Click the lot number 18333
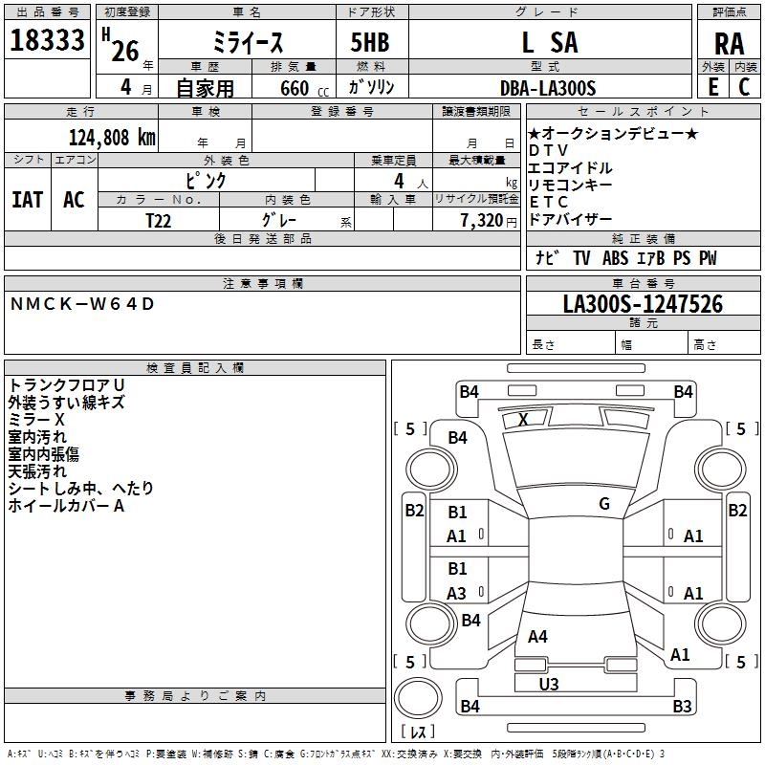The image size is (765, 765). pos(48,42)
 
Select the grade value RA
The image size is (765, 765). pos(729,44)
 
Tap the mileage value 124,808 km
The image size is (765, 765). pos(112,137)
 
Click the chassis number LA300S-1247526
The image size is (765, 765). pos(643,305)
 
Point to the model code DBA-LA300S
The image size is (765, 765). pos(548,89)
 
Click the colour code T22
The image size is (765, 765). pos(160,220)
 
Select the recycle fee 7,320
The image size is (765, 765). pos(482,220)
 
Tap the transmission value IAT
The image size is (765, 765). pos(28,200)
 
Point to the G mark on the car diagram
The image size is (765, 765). pos(604,504)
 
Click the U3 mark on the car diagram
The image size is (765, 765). pos(549,684)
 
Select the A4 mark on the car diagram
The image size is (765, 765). pos(537,637)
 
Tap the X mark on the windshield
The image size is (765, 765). pos(523,420)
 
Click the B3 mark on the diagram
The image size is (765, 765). pos(682,707)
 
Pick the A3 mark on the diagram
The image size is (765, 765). pos(457,594)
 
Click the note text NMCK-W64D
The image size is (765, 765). pos(81,305)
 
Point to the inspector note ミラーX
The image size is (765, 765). pos(37,420)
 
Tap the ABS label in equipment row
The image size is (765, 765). pos(615,258)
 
